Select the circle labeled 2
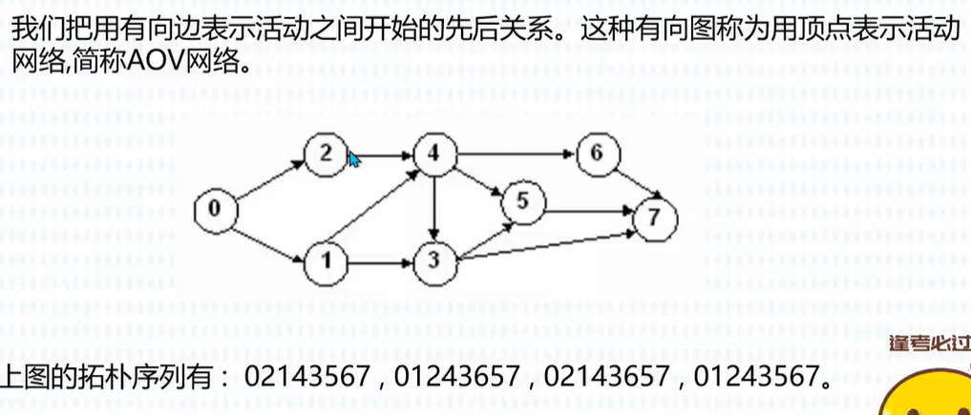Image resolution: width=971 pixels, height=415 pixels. pyautogui.click(x=326, y=154)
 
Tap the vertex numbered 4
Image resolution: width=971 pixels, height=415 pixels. pyautogui.click(x=434, y=154)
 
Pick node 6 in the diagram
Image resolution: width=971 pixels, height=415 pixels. pyautogui.click(x=598, y=154)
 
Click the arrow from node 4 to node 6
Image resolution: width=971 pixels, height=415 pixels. pyautogui.click(x=516, y=154)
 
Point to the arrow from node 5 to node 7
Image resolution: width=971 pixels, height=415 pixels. pyautogui.click(x=587, y=210)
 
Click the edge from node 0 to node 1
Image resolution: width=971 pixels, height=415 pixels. pyautogui.click(x=270, y=237)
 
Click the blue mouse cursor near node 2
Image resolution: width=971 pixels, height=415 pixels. pyautogui.click(x=353, y=160)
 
